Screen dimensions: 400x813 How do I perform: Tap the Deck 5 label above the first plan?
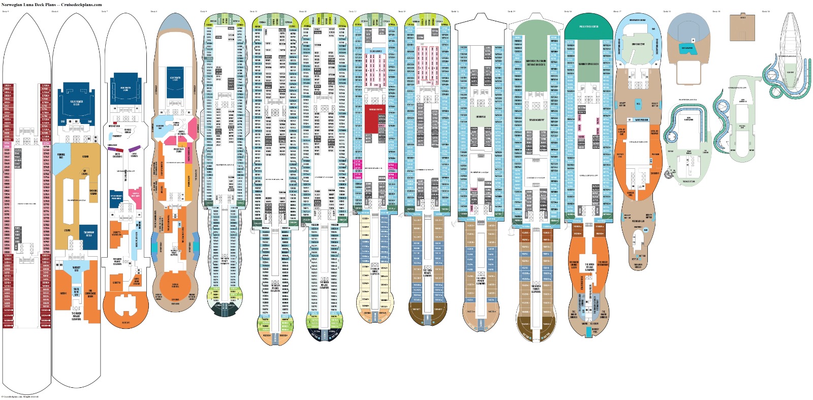coord(5,11)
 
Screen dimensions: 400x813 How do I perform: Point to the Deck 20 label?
coord(766,11)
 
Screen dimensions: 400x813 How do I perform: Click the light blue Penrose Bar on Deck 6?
coord(61,156)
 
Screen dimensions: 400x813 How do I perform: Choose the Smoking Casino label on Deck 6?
coord(93,193)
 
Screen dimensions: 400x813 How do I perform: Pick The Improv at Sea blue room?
coord(88,234)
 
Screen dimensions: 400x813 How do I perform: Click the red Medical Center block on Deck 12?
coord(376,120)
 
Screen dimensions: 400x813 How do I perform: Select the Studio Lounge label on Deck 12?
coord(376,51)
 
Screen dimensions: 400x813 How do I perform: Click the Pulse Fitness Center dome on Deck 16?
coord(588,26)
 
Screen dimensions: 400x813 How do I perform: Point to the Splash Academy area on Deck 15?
coord(536,120)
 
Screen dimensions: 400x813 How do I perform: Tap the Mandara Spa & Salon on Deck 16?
coord(588,64)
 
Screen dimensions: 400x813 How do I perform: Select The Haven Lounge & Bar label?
coord(574,265)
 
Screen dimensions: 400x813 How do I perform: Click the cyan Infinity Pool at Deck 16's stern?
coord(595,330)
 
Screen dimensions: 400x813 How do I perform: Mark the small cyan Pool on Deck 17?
coord(638,104)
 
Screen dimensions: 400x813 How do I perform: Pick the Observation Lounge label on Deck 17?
coord(637,20)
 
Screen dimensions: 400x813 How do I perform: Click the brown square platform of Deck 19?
coord(742,26)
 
